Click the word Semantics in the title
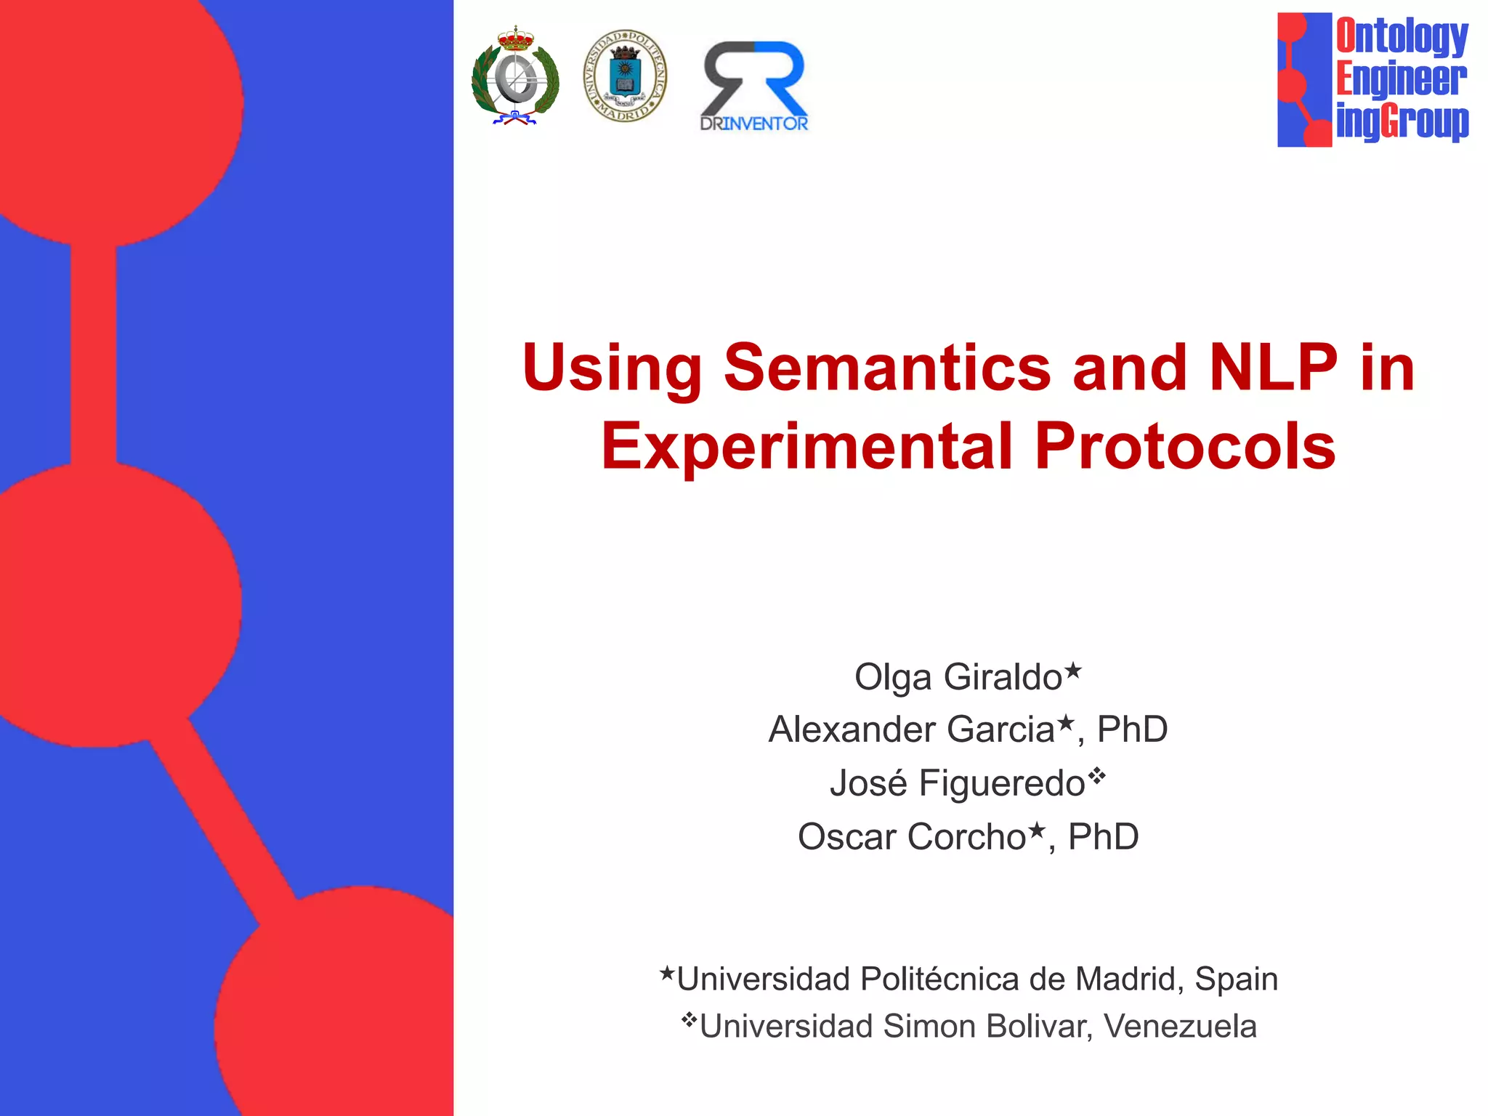point(887,368)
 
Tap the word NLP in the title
point(1272,368)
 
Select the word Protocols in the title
point(1185,446)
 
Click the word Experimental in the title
point(806,446)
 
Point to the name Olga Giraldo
point(958,677)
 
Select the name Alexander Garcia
point(911,729)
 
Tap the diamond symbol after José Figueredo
point(1096,776)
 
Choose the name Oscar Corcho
point(911,837)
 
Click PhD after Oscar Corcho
point(1103,837)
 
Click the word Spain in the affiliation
point(1236,979)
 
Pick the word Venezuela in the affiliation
point(1180,1027)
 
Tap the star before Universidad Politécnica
point(667,973)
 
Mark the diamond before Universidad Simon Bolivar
point(689,1020)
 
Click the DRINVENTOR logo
point(754,86)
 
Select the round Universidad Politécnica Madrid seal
point(625,76)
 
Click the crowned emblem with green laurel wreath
point(515,77)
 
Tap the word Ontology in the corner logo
point(1402,36)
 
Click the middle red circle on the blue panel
point(109,603)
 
